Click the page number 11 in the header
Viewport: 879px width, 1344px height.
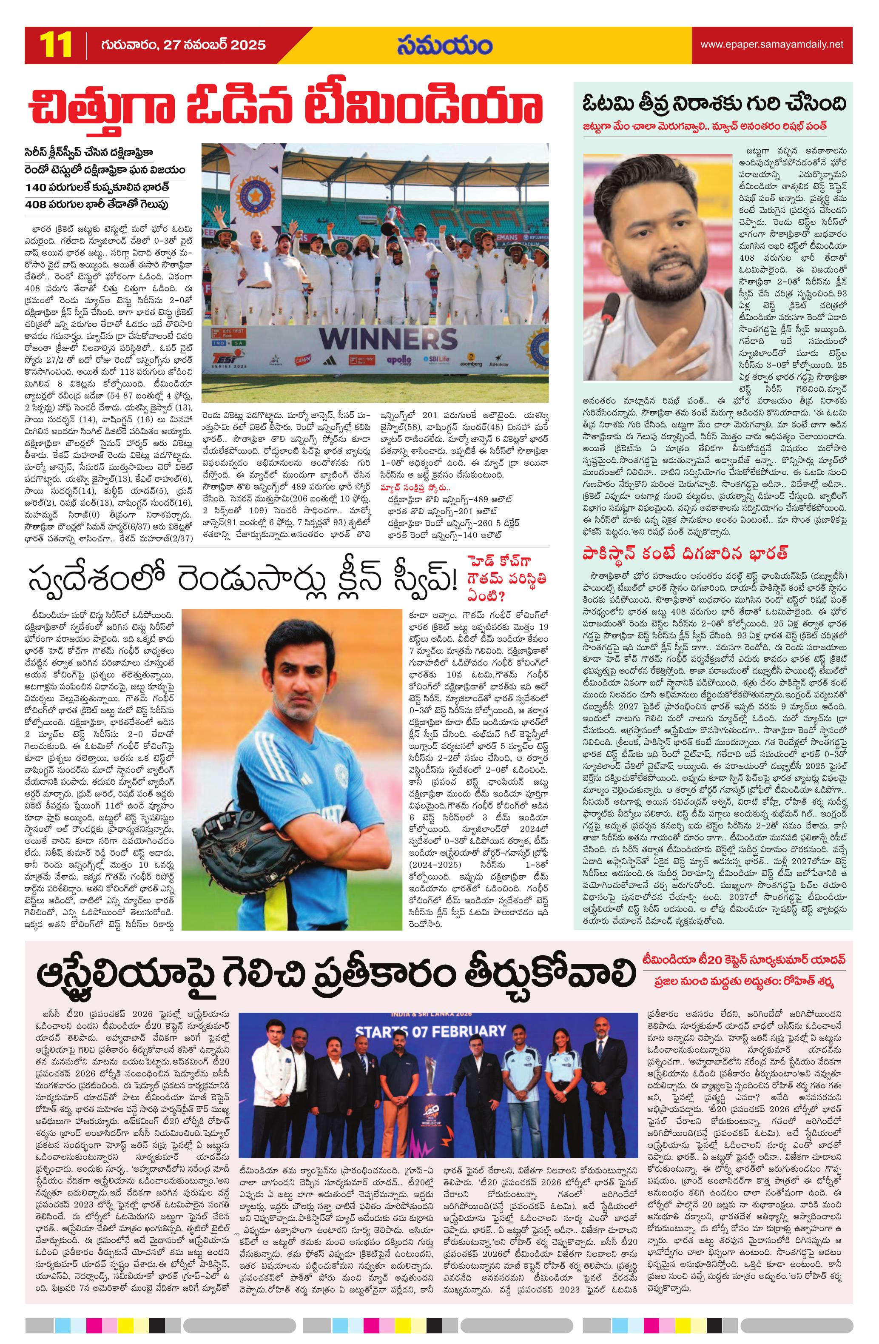click(56, 45)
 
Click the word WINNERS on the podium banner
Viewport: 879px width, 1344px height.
click(387, 338)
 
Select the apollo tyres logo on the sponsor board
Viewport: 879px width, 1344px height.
click(399, 360)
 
